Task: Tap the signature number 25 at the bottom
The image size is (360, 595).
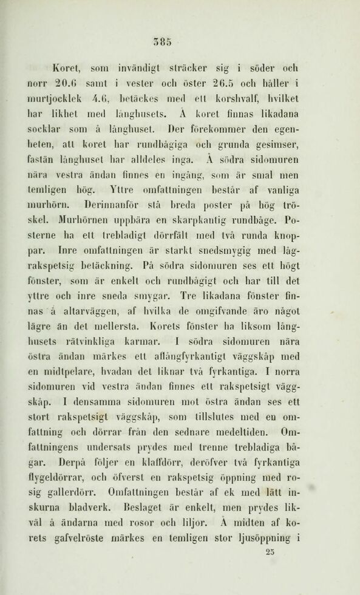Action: (x=271, y=552)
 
